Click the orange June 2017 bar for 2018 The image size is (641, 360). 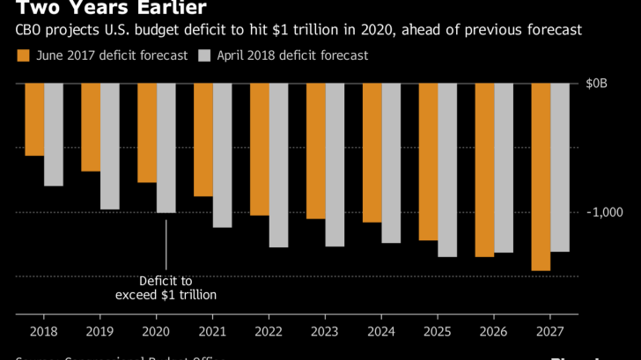point(34,120)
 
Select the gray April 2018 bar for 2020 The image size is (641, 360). point(166,148)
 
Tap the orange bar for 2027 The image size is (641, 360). point(541,177)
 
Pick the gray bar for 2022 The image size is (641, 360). point(278,165)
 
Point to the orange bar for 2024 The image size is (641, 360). point(372,153)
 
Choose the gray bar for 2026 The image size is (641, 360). point(503,168)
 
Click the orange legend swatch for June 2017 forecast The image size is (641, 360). point(23,56)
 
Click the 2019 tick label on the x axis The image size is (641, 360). point(99,333)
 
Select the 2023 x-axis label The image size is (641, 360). point(324,333)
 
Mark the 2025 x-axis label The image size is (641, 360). point(437,333)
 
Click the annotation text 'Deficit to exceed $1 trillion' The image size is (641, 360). point(166,287)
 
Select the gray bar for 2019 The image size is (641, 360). point(109,146)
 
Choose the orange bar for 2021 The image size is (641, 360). point(203,140)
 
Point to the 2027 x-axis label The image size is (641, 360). point(549,333)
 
